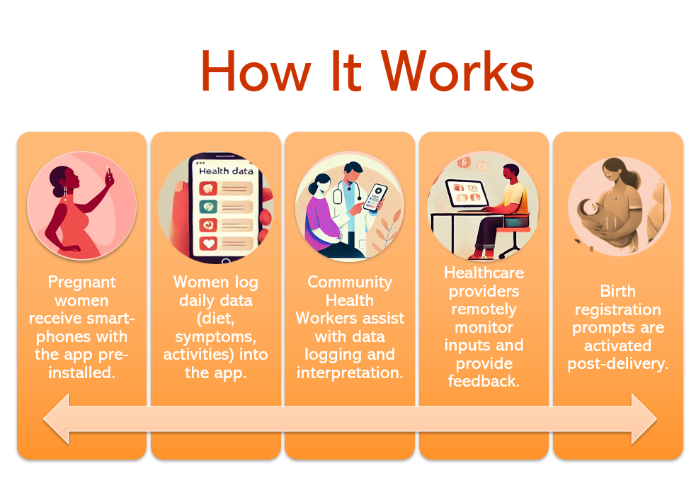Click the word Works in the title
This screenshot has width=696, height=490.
coord(458,71)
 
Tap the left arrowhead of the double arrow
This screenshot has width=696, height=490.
coord(57,418)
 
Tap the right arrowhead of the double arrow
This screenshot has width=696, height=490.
coord(644,418)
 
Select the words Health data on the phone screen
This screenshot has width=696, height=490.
coord(226,171)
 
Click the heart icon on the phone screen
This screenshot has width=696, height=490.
coord(207,243)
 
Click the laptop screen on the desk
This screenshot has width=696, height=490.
coord(468,193)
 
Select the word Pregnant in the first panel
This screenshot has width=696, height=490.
coord(82,283)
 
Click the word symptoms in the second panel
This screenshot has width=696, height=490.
coord(216,337)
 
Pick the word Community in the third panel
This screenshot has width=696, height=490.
coord(350,282)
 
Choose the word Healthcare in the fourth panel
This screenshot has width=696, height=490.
coord(484,273)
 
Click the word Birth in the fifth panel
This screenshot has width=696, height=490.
coord(618,291)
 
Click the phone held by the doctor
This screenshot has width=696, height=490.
coord(375,197)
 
